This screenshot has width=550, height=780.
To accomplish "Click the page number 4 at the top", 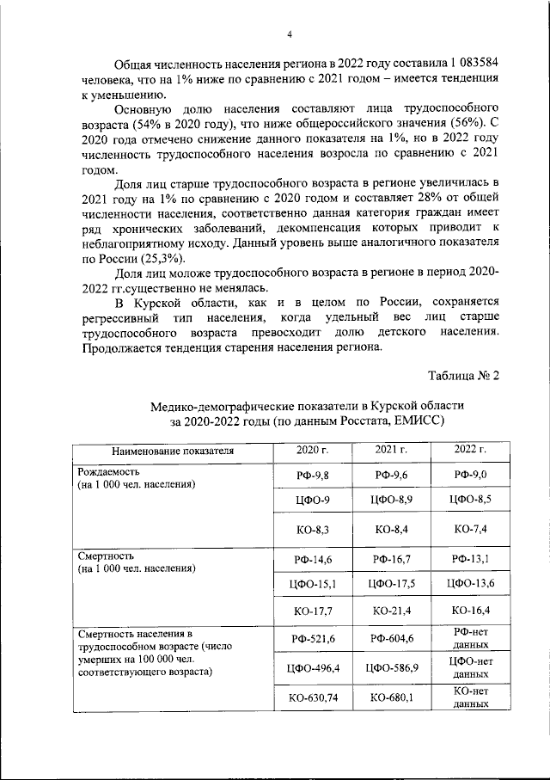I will pyautogui.click(x=290, y=34).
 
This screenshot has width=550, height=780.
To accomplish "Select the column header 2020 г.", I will pyautogui.click(x=313, y=450).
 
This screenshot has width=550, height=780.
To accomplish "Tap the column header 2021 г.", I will pyautogui.click(x=391, y=450).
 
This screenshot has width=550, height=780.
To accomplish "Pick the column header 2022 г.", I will pyautogui.click(x=470, y=450).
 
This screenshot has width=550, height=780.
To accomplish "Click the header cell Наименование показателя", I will pyautogui.click(x=172, y=450).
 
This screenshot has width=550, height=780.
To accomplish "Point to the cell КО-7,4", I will pyautogui.click(x=470, y=529).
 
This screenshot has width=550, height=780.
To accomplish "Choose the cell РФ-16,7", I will pyautogui.click(x=391, y=560).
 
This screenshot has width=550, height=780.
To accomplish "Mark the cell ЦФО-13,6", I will pyautogui.click(x=470, y=585).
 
